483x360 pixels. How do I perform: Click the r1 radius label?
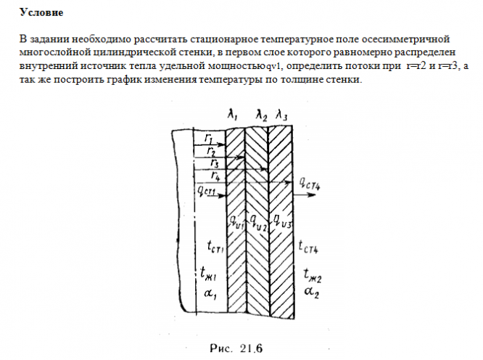[208, 137]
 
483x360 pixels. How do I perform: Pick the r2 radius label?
[210, 150]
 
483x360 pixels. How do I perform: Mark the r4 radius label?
[215, 176]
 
